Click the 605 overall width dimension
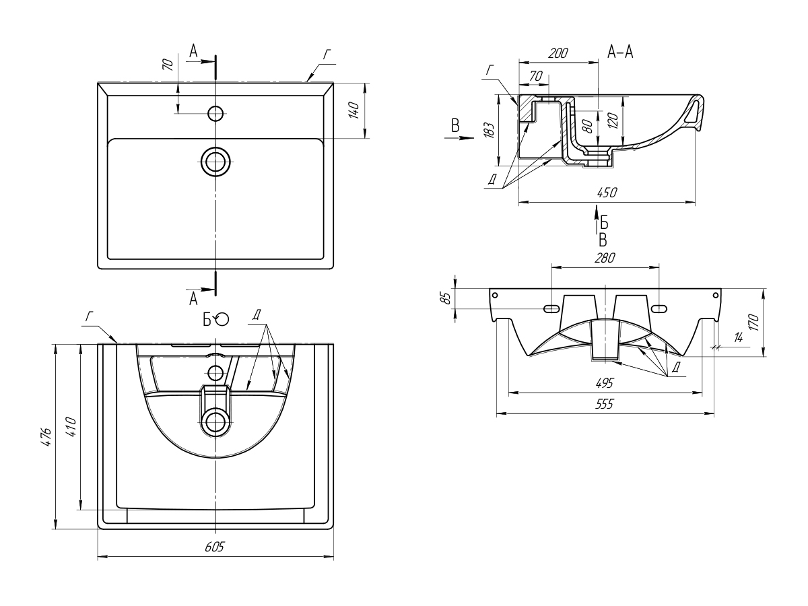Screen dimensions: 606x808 click(215, 547)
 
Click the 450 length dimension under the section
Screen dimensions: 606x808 click(607, 192)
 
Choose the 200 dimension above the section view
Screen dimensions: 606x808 click(558, 53)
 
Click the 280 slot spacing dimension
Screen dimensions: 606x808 click(605, 257)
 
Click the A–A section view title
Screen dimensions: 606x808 click(620, 52)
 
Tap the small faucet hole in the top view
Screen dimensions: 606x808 click(215, 113)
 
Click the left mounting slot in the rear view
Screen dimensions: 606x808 click(551, 308)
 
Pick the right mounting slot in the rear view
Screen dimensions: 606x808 click(659, 308)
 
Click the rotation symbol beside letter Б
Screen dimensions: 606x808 click(223, 319)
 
